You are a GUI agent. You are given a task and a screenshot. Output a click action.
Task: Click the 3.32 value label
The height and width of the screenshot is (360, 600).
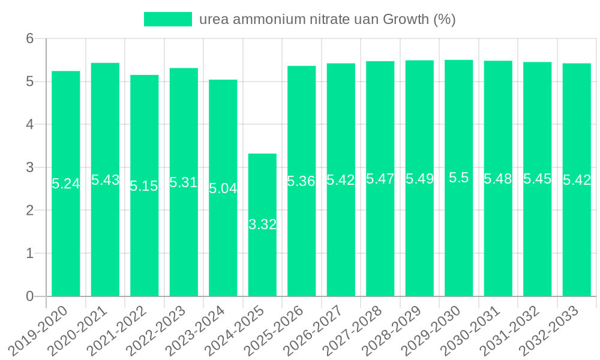coord(262,225)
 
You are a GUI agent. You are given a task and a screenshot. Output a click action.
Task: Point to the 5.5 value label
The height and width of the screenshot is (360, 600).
coord(459,178)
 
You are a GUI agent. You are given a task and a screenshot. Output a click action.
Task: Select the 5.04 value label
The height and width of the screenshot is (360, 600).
coord(223,188)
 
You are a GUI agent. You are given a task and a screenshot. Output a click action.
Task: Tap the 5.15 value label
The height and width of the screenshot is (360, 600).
coord(144,187)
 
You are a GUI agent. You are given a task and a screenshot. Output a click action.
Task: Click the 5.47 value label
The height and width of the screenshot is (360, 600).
coord(380,179)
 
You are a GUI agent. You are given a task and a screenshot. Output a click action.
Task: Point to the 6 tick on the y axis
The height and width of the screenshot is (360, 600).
coord(30,38)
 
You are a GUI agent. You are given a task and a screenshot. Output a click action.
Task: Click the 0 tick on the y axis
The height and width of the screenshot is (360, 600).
coord(30,296)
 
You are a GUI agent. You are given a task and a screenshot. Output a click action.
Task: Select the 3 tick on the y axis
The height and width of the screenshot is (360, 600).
coord(30,167)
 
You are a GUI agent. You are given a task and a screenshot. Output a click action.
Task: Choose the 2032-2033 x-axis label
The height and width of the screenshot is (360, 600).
coord(550,330)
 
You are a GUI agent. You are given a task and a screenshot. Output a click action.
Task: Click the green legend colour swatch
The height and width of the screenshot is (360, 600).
coord(167,19)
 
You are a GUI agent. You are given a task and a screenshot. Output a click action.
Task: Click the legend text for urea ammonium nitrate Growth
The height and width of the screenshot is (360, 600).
coord(327,19)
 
